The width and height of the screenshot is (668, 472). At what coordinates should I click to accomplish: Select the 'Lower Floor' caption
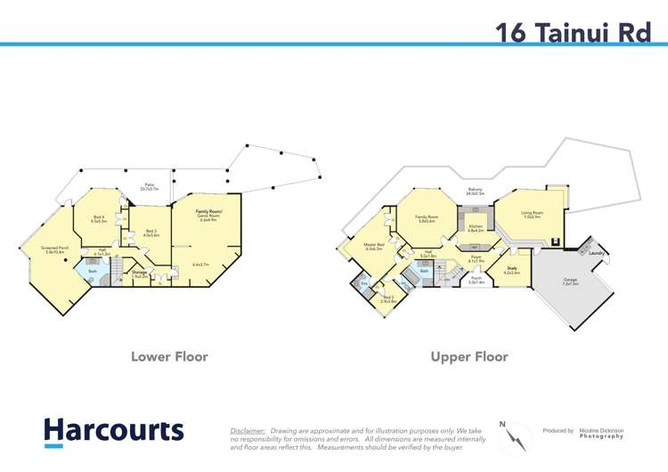(x=169, y=356)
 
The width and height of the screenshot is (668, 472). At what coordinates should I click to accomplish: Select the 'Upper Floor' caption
(x=468, y=356)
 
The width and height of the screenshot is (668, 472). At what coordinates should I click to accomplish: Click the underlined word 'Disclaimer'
(x=248, y=430)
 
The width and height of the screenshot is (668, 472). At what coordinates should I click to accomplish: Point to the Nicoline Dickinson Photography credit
(x=600, y=433)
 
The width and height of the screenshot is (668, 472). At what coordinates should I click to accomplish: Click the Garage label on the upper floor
(x=570, y=281)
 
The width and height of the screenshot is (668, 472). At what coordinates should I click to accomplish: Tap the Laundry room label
(x=598, y=253)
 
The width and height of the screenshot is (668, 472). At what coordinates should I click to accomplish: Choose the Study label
(x=512, y=268)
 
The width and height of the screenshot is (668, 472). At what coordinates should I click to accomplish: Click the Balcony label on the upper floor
(x=475, y=191)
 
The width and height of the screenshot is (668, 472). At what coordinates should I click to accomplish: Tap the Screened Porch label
(x=55, y=250)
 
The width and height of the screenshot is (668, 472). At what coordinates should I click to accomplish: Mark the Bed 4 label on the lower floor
(x=99, y=217)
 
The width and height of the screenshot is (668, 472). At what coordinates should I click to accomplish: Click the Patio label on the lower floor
(x=150, y=187)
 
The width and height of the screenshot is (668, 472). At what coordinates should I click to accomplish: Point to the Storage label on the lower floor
(x=139, y=273)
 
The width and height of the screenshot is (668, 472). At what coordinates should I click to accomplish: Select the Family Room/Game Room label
(x=208, y=214)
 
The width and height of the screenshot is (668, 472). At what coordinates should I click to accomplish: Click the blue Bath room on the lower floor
(x=93, y=271)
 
